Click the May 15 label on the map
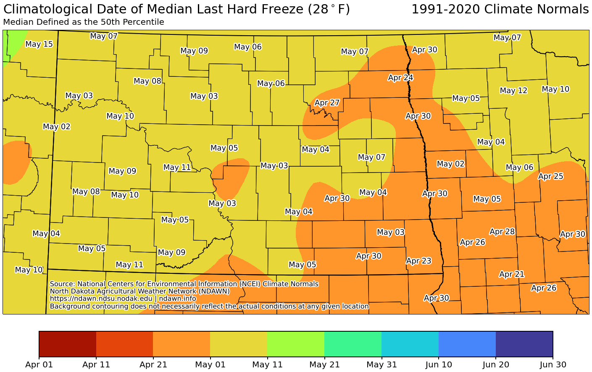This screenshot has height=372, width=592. pos(39,44)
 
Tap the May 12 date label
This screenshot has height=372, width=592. pos(513,91)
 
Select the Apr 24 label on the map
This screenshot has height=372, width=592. pos(400,78)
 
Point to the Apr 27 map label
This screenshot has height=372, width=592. pos(327,103)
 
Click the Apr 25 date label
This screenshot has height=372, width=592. pos(550,176)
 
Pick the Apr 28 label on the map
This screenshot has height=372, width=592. pos(502,232)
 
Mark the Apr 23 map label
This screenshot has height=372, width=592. pos(418,261)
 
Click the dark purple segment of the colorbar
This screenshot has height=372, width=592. pos(524,343)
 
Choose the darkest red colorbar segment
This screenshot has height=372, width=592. pos(68,343)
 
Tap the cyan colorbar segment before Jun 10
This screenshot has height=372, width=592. pos(410,343)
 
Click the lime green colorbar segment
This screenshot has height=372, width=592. pos(295,343)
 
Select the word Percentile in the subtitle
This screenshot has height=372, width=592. pos(145,22)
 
